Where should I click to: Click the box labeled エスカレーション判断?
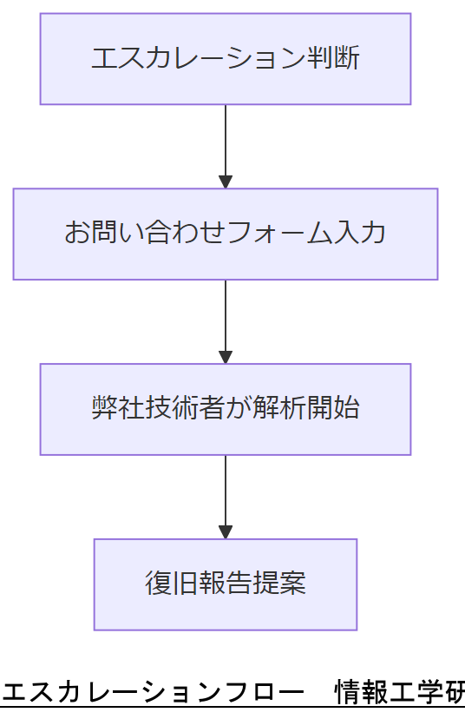tap(225, 59)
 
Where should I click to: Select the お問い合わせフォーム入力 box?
tap(225, 234)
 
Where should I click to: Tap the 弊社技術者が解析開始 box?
tap(225, 409)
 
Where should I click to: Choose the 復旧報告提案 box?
tap(225, 584)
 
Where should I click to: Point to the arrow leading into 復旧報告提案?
tap(226, 491)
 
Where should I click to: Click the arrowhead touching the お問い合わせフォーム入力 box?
tap(226, 181)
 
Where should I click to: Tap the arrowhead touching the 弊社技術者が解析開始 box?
tap(226, 357)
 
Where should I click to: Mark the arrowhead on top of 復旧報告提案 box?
tap(226, 531)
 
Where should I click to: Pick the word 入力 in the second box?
tap(359, 234)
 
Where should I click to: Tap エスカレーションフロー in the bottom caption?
tap(153, 693)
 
